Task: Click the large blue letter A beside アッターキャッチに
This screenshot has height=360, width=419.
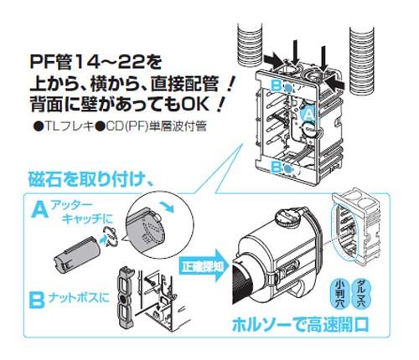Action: coord(40,210)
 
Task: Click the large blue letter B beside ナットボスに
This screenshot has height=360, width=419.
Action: coord(37,299)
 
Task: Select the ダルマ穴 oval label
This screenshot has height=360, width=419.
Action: coord(359,294)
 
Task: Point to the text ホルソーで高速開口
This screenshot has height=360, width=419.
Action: coord(301,325)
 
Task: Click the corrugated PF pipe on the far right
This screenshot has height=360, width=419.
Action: coord(362,60)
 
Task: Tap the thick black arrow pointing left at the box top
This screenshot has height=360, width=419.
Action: coord(339,83)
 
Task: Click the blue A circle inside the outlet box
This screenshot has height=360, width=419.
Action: coord(308,114)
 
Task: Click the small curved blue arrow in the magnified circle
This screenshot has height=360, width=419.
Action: coord(170,208)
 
